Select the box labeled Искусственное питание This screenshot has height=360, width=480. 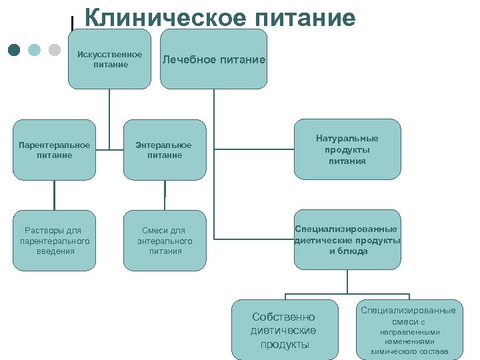point(109,59)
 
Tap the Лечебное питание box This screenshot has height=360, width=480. point(213,59)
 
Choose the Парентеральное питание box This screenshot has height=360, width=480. point(54,150)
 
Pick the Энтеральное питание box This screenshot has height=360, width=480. point(164,150)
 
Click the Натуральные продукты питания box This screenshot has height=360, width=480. point(347,149)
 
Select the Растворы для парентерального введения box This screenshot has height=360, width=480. point(54,241)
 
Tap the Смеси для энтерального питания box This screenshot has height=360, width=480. point(164,241)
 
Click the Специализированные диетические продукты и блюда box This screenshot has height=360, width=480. point(347,240)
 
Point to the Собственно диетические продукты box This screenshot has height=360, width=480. point(285,330)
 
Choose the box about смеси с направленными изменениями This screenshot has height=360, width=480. point(409,330)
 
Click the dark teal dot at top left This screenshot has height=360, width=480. point(15,50)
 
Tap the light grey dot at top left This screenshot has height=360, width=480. point(55,50)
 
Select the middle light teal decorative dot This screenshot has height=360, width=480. point(35,50)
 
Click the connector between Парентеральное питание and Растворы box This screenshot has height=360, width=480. point(54,195)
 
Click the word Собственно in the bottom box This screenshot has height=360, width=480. point(283,317)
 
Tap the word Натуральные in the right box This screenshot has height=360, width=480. point(347,138)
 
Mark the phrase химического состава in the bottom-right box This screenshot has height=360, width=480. point(409,351)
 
